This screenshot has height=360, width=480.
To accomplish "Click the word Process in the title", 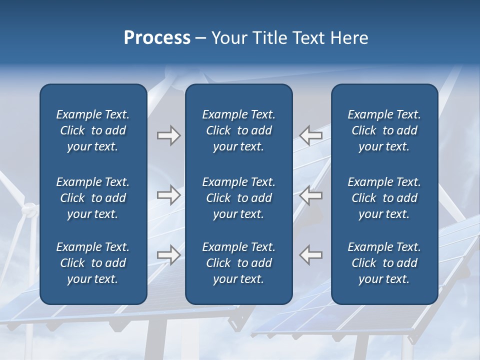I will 157,38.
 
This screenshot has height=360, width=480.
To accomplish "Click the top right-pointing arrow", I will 168,135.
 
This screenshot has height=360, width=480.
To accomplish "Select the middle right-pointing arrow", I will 168,195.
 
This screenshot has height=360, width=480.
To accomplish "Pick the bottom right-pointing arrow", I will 168,254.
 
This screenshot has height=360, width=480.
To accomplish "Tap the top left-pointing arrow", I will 311,135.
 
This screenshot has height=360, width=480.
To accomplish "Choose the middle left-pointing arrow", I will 311,195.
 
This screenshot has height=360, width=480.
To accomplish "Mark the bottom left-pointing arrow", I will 311,254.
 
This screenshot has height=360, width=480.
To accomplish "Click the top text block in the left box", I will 93,130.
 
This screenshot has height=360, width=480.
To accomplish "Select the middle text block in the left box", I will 93,198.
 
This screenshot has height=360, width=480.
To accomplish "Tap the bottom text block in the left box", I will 93,263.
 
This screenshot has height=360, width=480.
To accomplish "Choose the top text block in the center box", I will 238,130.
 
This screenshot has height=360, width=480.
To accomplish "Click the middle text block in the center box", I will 238,198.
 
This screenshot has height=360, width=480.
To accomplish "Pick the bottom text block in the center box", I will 238,263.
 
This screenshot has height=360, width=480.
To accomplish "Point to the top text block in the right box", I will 384,130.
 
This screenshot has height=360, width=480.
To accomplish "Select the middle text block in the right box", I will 384,198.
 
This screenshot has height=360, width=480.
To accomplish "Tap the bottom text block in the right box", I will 384,263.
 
